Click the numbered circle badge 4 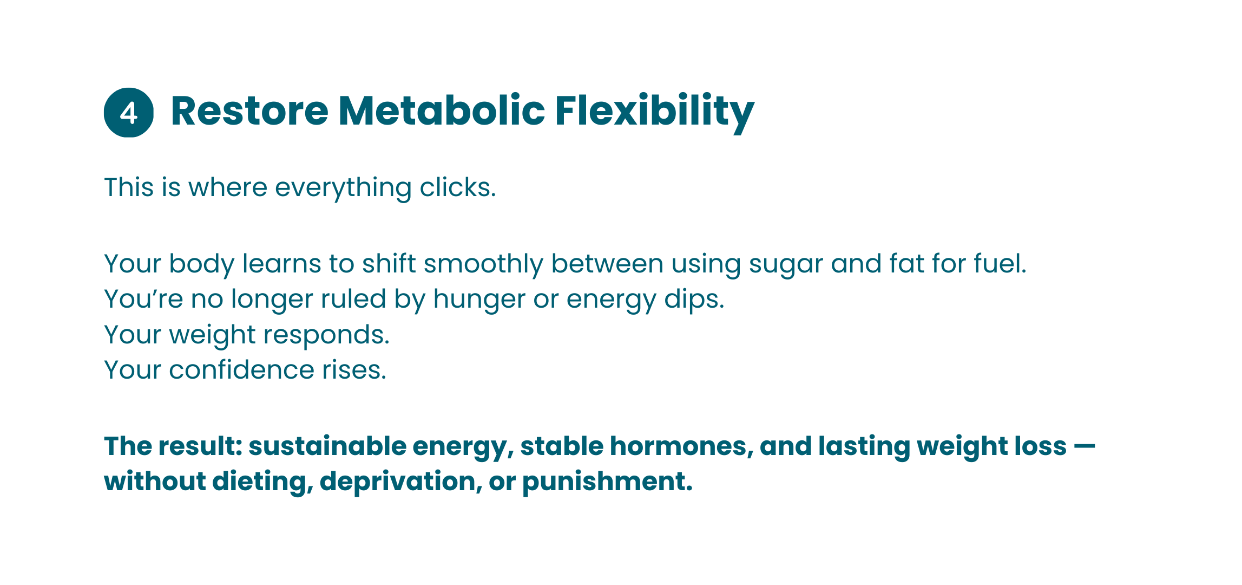click(129, 113)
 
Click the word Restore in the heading click(249, 111)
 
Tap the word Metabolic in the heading click(442, 110)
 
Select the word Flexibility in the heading click(655, 113)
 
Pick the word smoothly click(483, 265)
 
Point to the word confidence click(241, 370)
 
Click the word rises click(354, 370)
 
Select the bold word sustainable click(327, 447)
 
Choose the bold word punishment click(607, 483)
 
